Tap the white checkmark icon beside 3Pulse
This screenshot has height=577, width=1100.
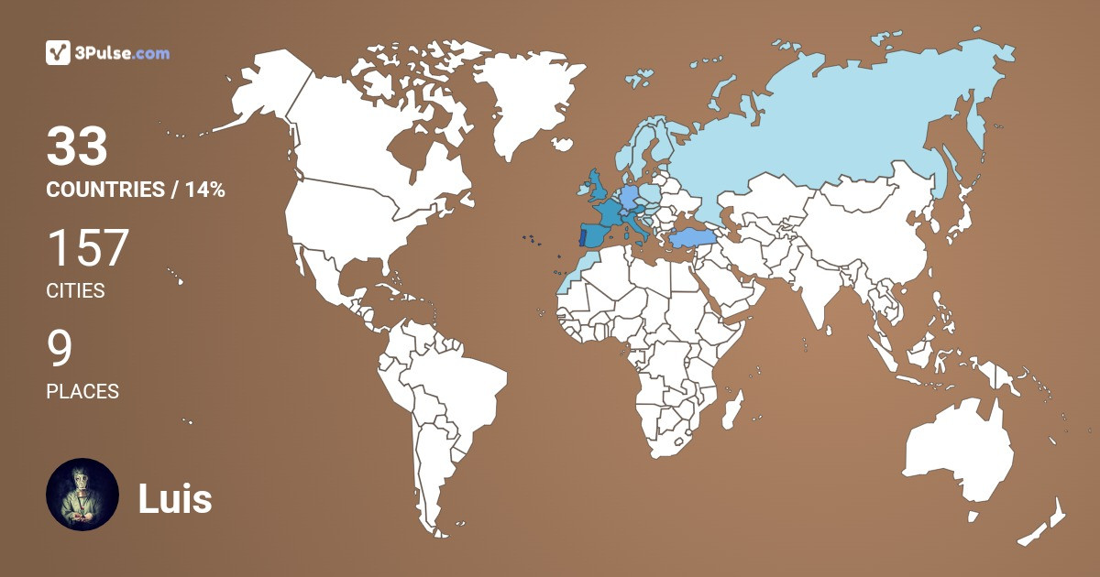pyautogui.click(x=59, y=53)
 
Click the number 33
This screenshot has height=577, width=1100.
pyautogui.click(x=77, y=147)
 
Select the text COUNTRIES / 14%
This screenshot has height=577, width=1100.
pyautogui.click(x=136, y=191)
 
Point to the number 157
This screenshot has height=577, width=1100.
pyautogui.click(x=88, y=247)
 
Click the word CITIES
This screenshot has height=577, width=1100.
pyautogui.click(x=75, y=291)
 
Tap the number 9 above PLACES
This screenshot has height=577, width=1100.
pyautogui.click(x=60, y=348)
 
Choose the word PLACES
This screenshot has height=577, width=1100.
pyautogui.click(x=82, y=392)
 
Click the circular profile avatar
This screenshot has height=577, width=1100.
pyautogui.click(x=82, y=495)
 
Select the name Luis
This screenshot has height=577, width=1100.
pyautogui.click(x=175, y=499)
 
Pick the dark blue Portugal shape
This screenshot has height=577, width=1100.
pyautogui.click(x=583, y=236)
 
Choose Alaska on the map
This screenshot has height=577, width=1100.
pyautogui.click(x=257, y=92)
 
